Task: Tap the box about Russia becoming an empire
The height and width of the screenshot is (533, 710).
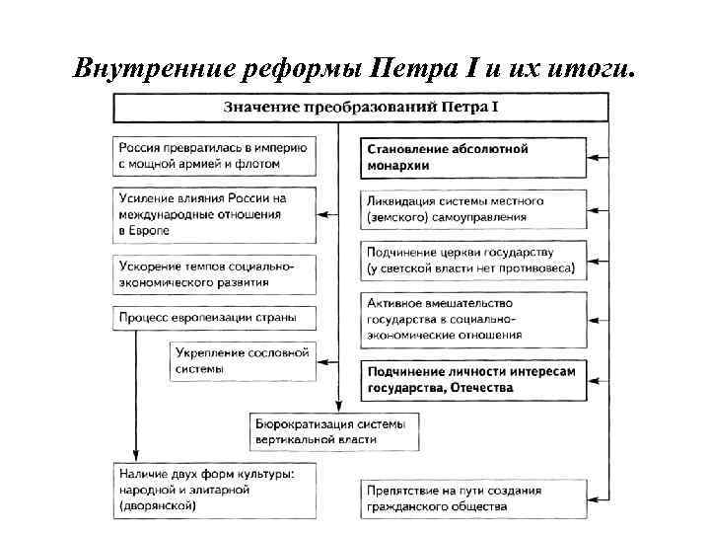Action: pyautogui.click(x=215, y=154)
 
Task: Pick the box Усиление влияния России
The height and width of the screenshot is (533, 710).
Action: pyautogui.click(x=215, y=212)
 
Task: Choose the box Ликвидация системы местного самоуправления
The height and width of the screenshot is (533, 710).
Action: pyautogui.click(x=474, y=208)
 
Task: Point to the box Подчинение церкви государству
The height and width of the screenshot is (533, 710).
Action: pyautogui.click(x=474, y=260)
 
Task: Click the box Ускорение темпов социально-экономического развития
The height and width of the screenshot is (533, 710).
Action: pyautogui.click(x=215, y=273)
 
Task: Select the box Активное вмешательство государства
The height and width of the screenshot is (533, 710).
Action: pyautogui.click(x=474, y=318)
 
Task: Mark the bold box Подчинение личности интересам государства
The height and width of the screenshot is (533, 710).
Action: pyautogui.click(x=474, y=379)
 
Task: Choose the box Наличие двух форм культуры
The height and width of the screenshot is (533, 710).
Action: pyautogui.click(x=215, y=490)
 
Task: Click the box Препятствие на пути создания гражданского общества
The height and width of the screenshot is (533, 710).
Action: pyautogui.click(x=474, y=497)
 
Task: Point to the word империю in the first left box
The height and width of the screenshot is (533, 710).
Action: pyautogui.click(x=281, y=146)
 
